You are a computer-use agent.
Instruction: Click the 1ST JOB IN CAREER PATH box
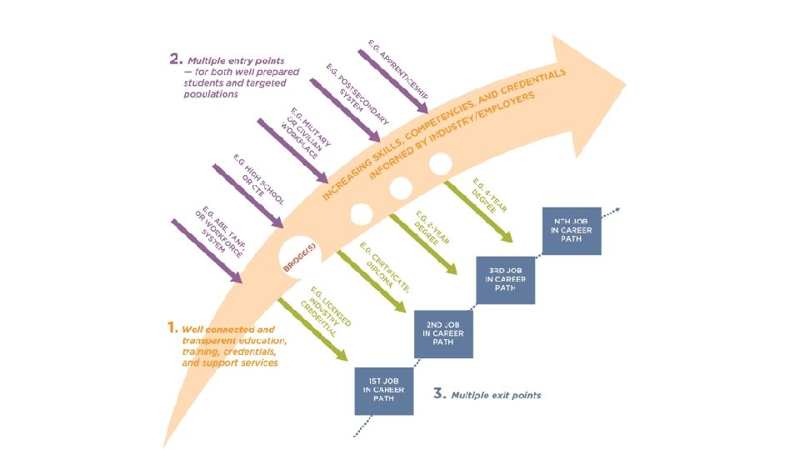pos(383,390)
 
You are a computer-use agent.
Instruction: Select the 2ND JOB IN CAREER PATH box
pos(444,333)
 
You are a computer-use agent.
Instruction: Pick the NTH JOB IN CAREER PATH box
pos(572,231)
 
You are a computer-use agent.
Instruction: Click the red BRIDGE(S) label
pos(299,256)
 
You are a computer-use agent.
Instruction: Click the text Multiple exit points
pos(496,394)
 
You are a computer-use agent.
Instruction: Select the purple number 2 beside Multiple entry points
pos(175,59)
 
